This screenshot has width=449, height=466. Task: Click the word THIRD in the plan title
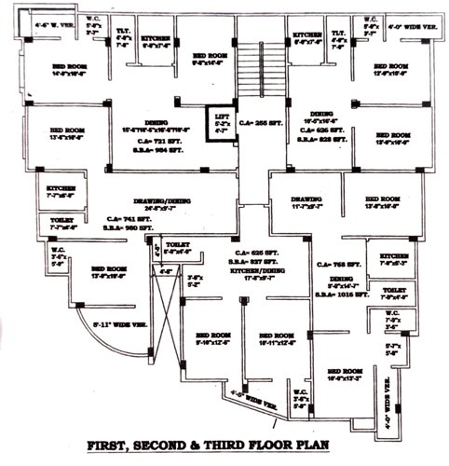[x=262, y=445]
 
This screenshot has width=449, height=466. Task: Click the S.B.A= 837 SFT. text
[x=252, y=262]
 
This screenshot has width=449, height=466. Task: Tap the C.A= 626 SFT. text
[x=253, y=254]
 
